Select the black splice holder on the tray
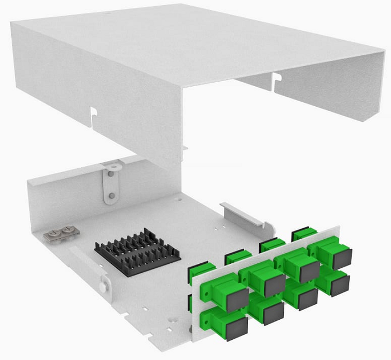pos(137,253)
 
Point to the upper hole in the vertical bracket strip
pos(111,173)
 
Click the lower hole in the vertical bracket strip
pos(112,195)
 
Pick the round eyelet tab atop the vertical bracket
pos(111,165)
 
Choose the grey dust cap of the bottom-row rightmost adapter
pos(340,285)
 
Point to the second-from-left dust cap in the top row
pos(275,285)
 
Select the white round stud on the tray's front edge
pos(103,287)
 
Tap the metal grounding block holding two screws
pos(60,233)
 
